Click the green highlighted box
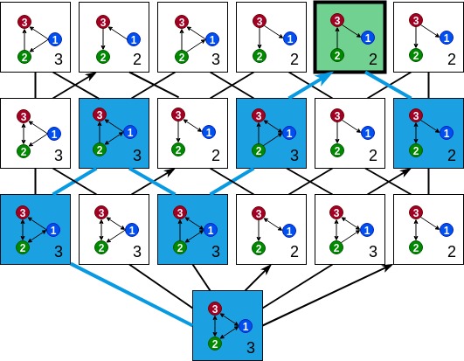[x=350, y=37]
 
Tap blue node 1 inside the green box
[x=368, y=38]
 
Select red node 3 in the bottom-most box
[x=215, y=309]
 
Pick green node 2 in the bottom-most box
[x=215, y=344]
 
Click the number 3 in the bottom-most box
[x=251, y=347]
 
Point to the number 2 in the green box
[x=373, y=59]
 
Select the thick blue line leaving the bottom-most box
[x=132, y=295]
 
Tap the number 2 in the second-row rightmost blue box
[x=452, y=155]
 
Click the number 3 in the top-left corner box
[x=59, y=59]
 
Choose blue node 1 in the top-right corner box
[x=447, y=38]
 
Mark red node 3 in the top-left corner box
[x=24, y=22]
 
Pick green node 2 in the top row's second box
[x=103, y=57]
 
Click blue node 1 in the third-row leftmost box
[x=53, y=230]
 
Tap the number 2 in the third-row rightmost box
[x=452, y=252]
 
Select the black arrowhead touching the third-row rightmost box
[x=387, y=267]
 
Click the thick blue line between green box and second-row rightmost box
[x=388, y=85]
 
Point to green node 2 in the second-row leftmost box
[x=24, y=151]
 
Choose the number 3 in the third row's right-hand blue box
[x=216, y=252]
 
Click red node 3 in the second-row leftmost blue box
[x=100, y=115]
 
